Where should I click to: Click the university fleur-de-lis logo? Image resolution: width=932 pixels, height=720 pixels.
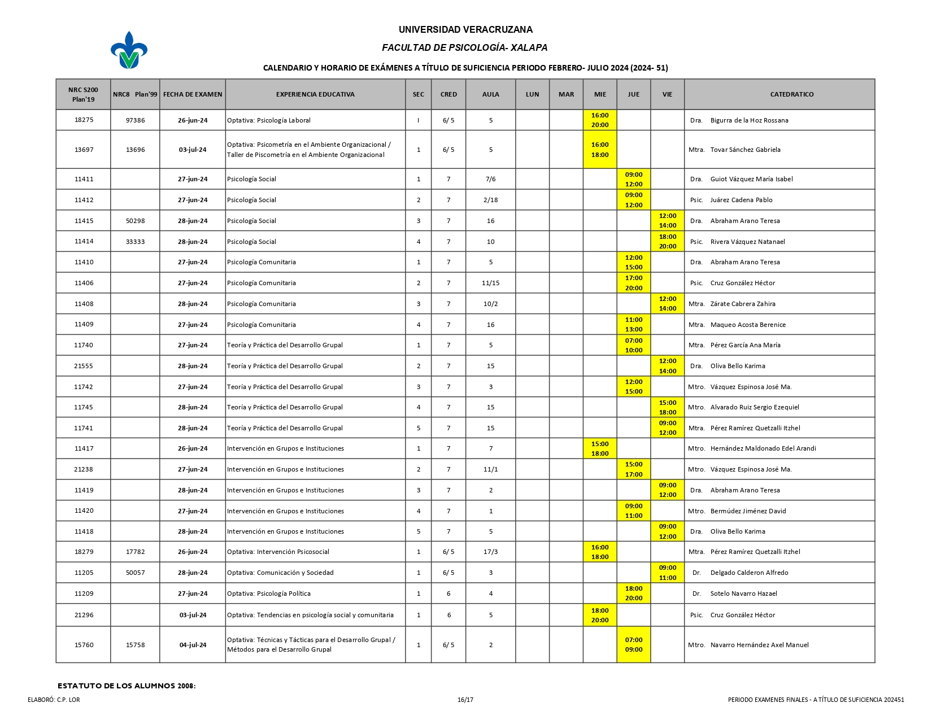coord(129,50)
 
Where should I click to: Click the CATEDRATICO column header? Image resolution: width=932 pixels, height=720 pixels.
coord(791,94)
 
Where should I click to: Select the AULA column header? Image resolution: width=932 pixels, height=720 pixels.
coord(490,94)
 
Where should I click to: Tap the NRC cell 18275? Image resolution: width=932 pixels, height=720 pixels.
coord(84,120)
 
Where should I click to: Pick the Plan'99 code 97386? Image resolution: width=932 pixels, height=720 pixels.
coord(135,120)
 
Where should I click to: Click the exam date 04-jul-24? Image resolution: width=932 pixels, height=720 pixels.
coord(193,645)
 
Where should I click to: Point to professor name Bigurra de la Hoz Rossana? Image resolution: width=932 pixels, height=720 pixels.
coord(749,120)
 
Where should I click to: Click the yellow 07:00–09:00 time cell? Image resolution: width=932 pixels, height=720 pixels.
coord(634,645)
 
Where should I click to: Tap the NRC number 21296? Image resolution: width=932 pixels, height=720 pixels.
coord(84,615)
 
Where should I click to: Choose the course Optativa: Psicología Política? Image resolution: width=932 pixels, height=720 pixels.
coord(269,594)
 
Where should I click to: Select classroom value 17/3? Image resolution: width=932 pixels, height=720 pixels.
coord(490,552)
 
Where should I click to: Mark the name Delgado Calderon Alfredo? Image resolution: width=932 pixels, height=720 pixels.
coord(749,573)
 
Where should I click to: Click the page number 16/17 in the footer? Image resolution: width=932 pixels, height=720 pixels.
coord(465,700)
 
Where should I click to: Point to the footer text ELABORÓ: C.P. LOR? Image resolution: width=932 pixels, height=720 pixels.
coord(54,700)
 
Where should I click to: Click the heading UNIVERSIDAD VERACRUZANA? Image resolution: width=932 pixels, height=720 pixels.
coord(465,29)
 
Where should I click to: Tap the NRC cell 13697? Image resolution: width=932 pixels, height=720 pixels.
coord(84,150)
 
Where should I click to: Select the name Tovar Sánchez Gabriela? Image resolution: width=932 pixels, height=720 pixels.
coord(745,150)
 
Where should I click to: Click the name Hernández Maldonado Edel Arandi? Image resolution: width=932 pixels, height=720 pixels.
coord(763,448)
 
